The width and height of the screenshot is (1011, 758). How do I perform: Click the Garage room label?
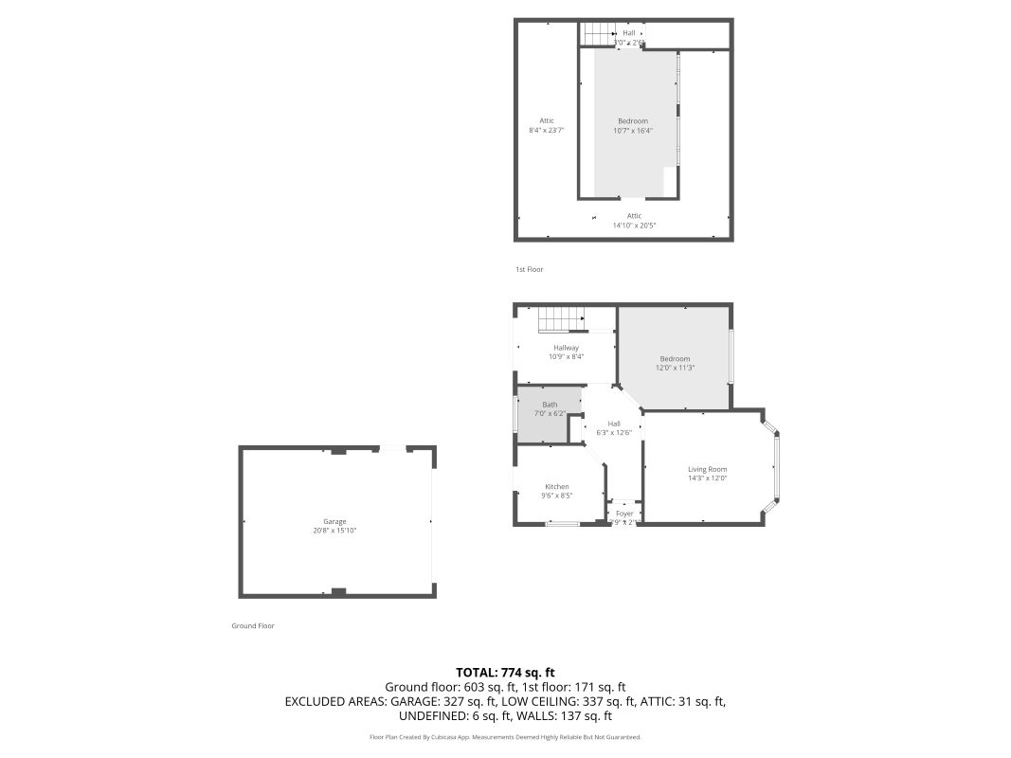[334, 521]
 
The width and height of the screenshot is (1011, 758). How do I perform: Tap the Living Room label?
[707, 469]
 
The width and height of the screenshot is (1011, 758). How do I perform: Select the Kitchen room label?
[556, 486]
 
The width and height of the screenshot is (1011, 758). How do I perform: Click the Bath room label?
[550, 405]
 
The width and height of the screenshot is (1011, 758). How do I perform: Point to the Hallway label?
[566, 348]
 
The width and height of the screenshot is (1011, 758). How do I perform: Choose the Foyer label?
[624, 514]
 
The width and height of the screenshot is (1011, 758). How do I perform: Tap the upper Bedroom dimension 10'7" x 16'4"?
[633, 131]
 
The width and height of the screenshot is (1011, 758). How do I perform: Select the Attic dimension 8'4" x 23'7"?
[547, 131]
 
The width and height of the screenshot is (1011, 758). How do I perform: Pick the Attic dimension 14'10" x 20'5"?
[634, 226]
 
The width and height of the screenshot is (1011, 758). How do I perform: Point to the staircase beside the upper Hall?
[599, 34]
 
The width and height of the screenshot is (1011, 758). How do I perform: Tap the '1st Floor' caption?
[529, 270]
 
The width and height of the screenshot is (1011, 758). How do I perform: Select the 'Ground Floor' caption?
[253, 626]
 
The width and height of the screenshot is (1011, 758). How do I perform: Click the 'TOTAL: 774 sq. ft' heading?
[505, 672]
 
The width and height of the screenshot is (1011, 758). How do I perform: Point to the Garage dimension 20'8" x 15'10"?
[334, 531]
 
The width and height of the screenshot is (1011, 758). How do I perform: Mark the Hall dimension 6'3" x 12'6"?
[614, 432]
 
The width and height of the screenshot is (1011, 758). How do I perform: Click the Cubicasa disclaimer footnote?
[505, 737]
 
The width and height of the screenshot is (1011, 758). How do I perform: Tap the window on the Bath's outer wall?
[515, 413]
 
